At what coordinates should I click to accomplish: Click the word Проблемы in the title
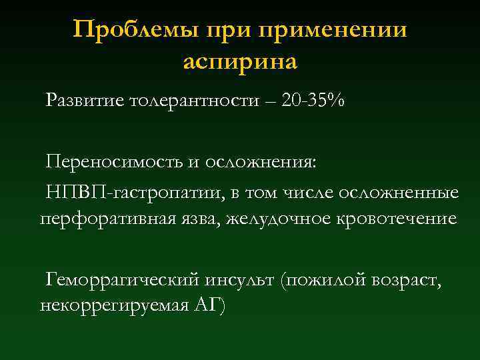pyautogui.click(x=124, y=30)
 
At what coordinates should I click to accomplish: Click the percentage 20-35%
pyautogui.click(x=313, y=101)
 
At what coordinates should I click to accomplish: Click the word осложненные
pyautogui.click(x=399, y=193)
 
